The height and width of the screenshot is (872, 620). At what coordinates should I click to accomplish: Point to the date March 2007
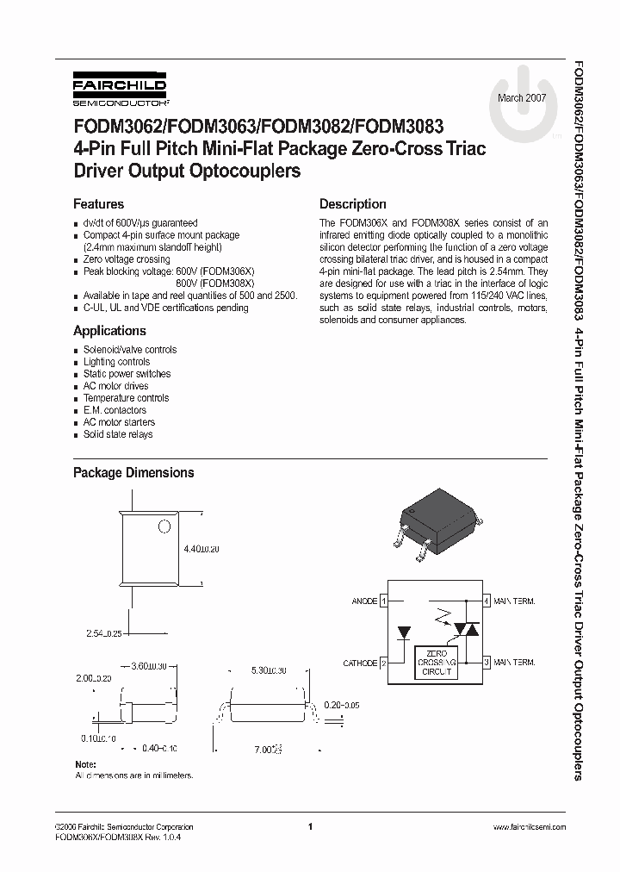[521, 97]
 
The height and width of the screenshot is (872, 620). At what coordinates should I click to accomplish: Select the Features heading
[98, 204]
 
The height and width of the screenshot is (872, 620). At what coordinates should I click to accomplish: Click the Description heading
[352, 204]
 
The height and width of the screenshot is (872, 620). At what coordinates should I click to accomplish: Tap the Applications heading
[109, 331]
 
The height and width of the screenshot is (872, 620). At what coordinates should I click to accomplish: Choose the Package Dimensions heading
[133, 472]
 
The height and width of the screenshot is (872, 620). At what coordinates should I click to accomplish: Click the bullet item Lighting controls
[116, 362]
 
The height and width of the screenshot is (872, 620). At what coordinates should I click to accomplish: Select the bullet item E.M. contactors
[115, 410]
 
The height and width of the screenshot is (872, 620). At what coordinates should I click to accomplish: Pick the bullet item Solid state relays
[118, 434]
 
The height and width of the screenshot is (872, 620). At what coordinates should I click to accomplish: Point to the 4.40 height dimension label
[201, 549]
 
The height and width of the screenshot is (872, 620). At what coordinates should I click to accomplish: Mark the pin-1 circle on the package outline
[164, 525]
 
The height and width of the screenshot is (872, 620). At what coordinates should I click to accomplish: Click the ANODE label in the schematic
[365, 601]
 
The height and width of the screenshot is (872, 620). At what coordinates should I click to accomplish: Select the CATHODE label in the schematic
[361, 663]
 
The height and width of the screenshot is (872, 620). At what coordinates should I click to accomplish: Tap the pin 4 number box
[487, 601]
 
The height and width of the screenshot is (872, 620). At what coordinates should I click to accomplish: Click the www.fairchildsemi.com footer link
[529, 826]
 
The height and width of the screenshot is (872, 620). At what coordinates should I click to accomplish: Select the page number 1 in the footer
[309, 826]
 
